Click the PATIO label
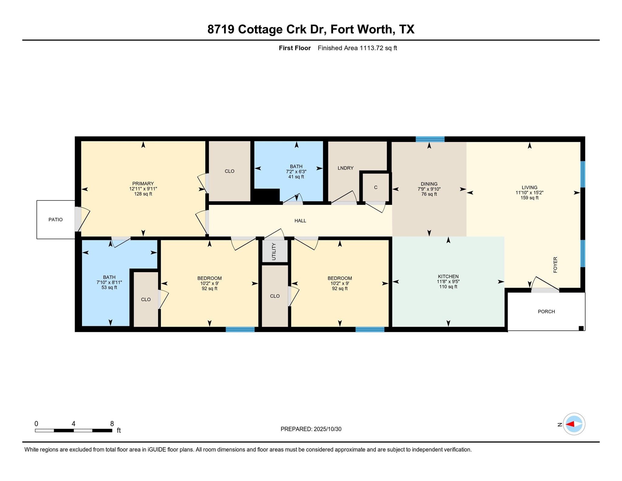pyautogui.click(x=56, y=219)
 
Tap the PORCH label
pyautogui.click(x=546, y=311)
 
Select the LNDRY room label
pyautogui.click(x=345, y=168)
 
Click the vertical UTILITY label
pyautogui.click(x=274, y=251)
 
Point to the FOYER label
pyautogui.click(x=555, y=265)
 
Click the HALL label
pyautogui.click(x=300, y=221)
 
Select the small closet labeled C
pyautogui.click(x=375, y=187)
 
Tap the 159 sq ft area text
pyautogui.click(x=529, y=198)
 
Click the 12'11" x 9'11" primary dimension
pyautogui.click(x=143, y=189)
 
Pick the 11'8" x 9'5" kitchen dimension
pyautogui.click(x=448, y=281)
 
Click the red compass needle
pyautogui.click(x=570, y=424)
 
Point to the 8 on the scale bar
pyautogui.click(x=112, y=424)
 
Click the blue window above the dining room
pyautogui.click(x=430, y=139)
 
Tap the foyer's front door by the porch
pyautogui.click(x=545, y=290)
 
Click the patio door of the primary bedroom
pyautogui.click(x=78, y=219)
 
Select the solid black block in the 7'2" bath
pyautogui.click(x=266, y=195)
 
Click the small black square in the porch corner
pyautogui.click(x=581, y=328)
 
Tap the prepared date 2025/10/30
pyautogui.click(x=327, y=429)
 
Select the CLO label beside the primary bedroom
pyautogui.click(x=229, y=171)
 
